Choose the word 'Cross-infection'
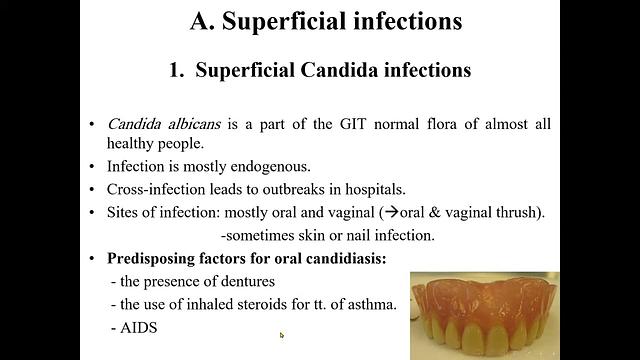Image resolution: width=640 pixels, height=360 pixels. tap(156, 189)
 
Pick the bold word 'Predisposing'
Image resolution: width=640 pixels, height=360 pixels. tap(155, 258)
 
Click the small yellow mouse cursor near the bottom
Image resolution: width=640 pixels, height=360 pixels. tap(282, 335)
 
